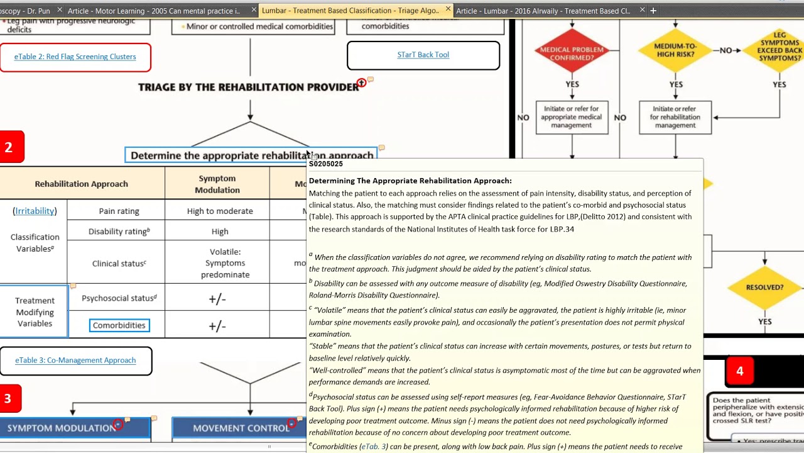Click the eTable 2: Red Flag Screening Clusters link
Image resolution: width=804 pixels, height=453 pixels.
tap(75, 57)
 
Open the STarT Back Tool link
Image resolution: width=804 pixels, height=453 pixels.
tap(423, 55)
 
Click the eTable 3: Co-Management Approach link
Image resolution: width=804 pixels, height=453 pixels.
tap(75, 361)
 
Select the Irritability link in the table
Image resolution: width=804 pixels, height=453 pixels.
tap(35, 211)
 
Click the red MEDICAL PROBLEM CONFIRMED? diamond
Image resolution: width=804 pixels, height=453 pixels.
tap(572, 53)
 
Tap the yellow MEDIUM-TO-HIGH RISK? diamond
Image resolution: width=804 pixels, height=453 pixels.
tap(675, 50)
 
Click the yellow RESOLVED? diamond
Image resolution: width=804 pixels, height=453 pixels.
tap(764, 288)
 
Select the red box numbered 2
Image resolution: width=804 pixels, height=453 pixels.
tap(9, 147)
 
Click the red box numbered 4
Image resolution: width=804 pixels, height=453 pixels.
tap(739, 371)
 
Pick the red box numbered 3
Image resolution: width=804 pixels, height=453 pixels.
tap(9, 398)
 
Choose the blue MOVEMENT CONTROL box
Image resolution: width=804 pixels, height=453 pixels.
tap(239, 428)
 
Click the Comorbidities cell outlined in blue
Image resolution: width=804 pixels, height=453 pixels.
tap(119, 325)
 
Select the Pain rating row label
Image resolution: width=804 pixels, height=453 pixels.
tap(119, 211)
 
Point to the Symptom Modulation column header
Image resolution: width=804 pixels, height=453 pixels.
tap(217, 184)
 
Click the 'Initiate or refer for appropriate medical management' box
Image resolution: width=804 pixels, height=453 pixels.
tap(572, 117)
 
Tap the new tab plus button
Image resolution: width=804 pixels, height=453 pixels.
tap(653, 10)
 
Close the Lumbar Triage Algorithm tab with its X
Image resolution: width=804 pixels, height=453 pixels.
tap(448, 9)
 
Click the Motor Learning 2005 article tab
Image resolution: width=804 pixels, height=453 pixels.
tap(154, 11)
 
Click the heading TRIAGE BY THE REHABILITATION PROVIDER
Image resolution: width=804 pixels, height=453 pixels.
tap(248, 87)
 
